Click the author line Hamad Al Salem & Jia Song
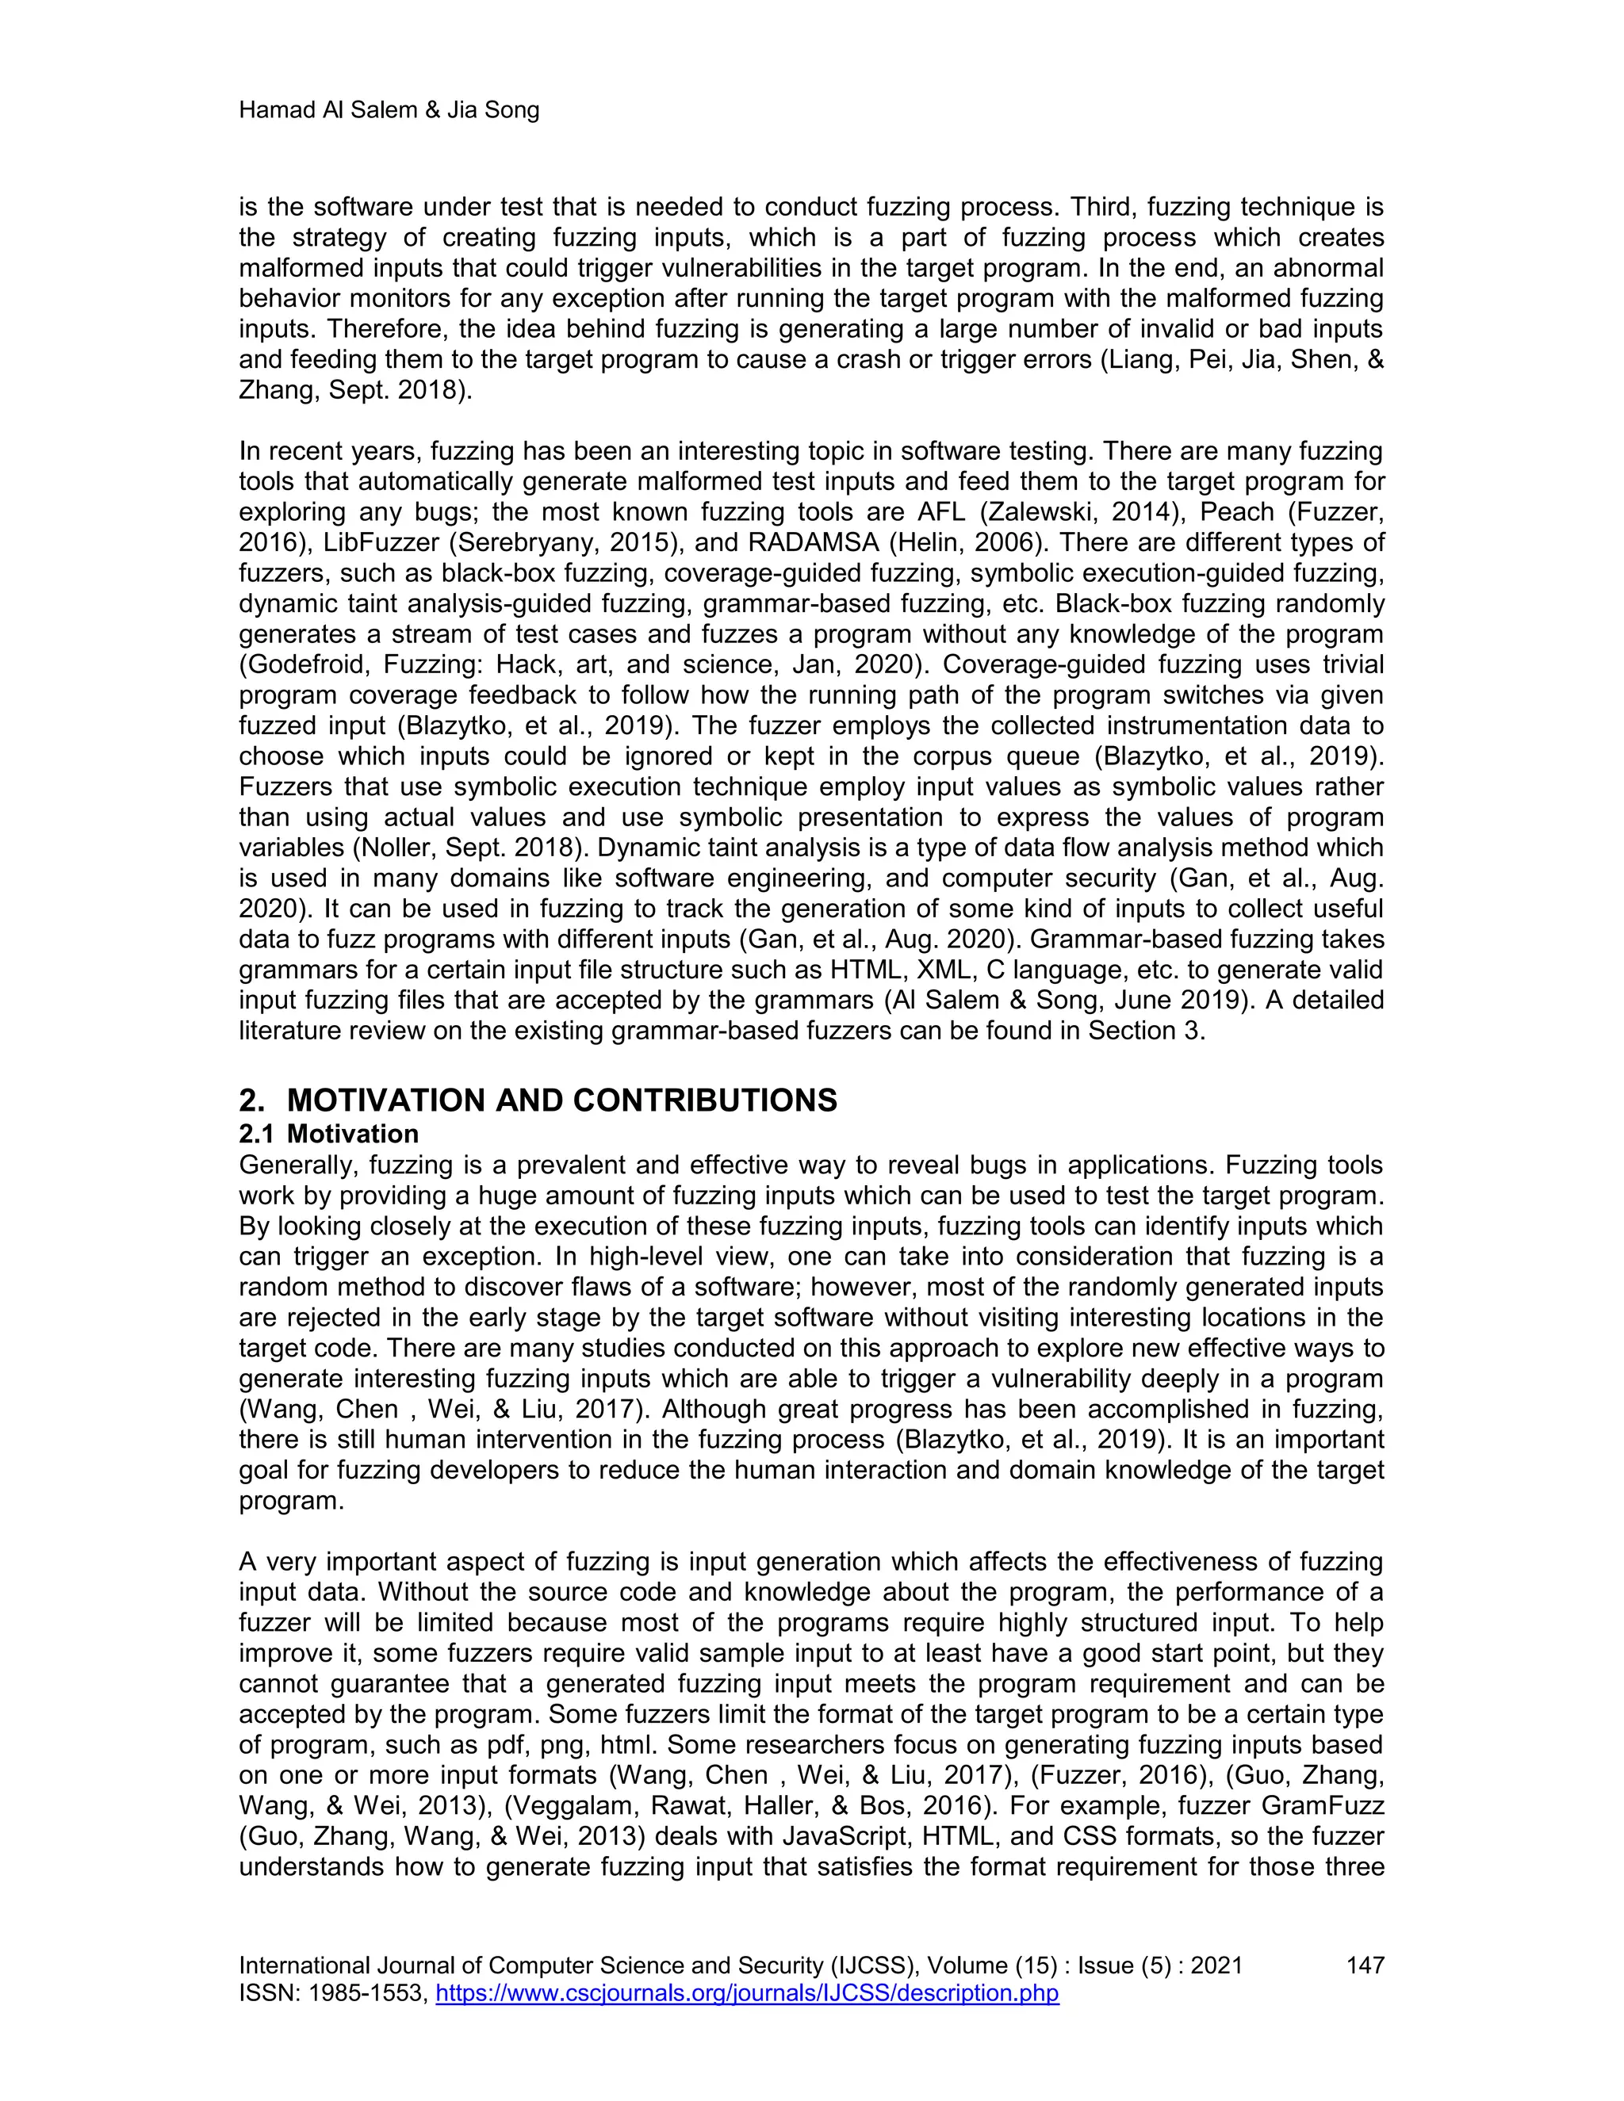[389, 111]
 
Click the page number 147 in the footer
[1364, 1965]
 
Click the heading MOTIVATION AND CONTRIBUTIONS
[562, 1100]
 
